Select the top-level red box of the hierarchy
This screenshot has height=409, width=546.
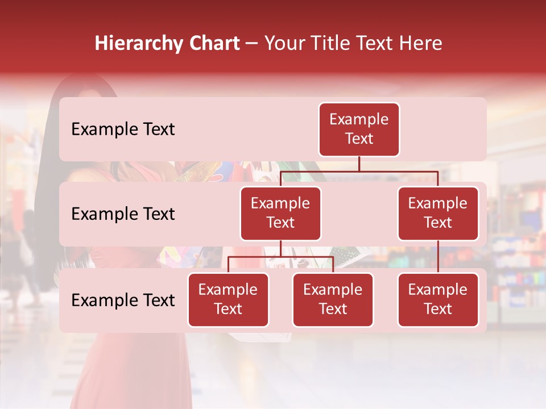(x=359, y=130)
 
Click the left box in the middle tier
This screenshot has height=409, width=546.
(x=280, y=213)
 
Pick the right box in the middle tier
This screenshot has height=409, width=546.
(x=438, y=213)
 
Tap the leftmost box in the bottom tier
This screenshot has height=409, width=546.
(x=228, y=299)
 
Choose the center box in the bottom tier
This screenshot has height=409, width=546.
(x=333, y=299)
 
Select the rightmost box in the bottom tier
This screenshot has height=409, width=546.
(x=438, y=299)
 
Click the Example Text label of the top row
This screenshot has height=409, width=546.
(x=123, y=130)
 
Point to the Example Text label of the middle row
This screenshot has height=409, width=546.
(x=123, y=214)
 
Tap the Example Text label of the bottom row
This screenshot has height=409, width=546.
(x=123, y=300)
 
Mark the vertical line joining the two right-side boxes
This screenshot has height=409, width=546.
(x=438, y=257)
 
